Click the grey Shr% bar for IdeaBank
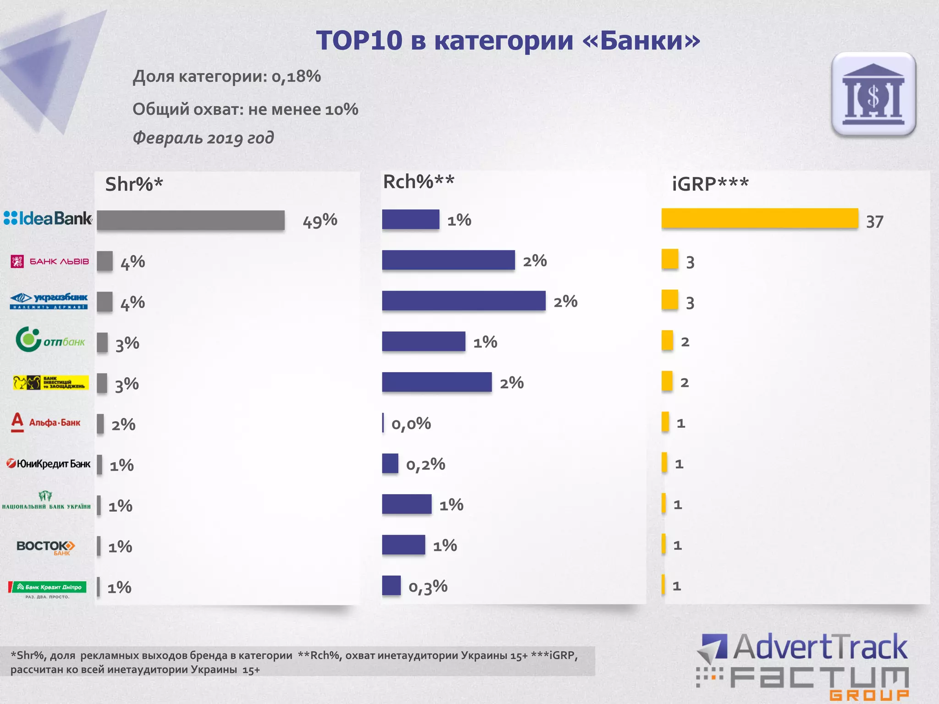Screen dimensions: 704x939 [191, 220]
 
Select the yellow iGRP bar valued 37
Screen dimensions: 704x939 [759, 218]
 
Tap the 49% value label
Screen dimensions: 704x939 [320, 221]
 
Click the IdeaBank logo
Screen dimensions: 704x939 [48, 218]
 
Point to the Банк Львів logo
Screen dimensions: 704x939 [50, 261]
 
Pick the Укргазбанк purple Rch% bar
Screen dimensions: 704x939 [464, 301]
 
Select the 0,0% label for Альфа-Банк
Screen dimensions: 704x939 [411, 423]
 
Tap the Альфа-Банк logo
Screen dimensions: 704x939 [46, 422]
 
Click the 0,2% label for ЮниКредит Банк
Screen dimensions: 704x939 [425, 464]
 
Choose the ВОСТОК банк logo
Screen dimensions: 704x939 [46, 547]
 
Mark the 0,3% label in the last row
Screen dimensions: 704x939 [428, 586]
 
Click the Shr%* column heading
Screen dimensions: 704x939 [134, 184]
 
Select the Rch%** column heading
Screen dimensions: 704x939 [419, 182]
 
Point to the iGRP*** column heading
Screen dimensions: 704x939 [710, 184]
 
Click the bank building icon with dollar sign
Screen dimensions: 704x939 [873, 94]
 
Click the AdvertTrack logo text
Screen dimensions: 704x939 [820, 647]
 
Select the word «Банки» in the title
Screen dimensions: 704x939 [641, 40]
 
